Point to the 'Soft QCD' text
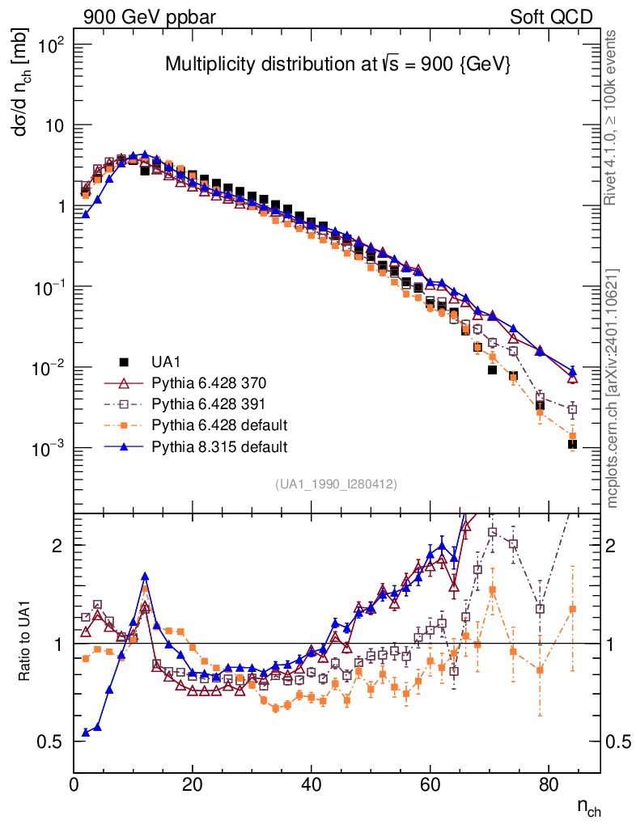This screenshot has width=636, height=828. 551,17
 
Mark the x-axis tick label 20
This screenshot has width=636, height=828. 193,785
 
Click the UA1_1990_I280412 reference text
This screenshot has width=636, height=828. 336,484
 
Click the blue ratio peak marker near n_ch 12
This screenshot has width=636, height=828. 145,577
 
